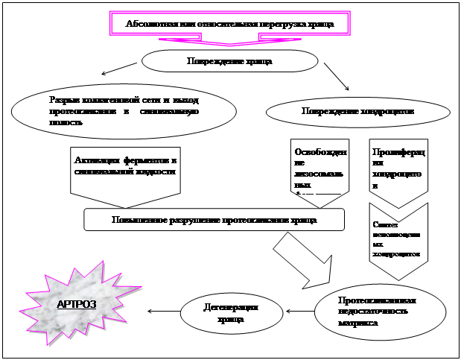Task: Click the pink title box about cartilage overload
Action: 229,23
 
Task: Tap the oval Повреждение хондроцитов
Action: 357,111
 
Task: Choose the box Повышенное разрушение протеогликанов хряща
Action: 214,220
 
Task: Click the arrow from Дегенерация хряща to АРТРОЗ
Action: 163,311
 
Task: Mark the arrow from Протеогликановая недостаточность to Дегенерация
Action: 299,311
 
